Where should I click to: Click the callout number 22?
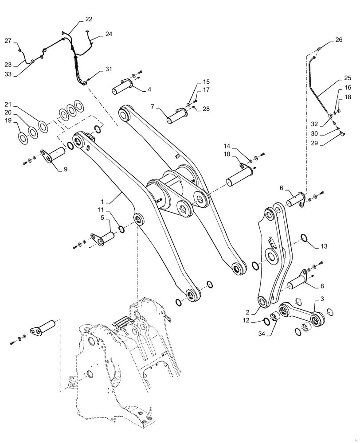[x=89, y=19]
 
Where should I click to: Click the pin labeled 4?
[x=122, y=85]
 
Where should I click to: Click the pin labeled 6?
[x=295, y=199]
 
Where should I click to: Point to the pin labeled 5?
[x=105, y=235]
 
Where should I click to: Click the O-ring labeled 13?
[x=303, y=238]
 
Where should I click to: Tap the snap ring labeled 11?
[x=121, y=229]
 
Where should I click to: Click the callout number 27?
[x=8, y=41]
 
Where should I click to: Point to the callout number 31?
[x=109, y=69]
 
